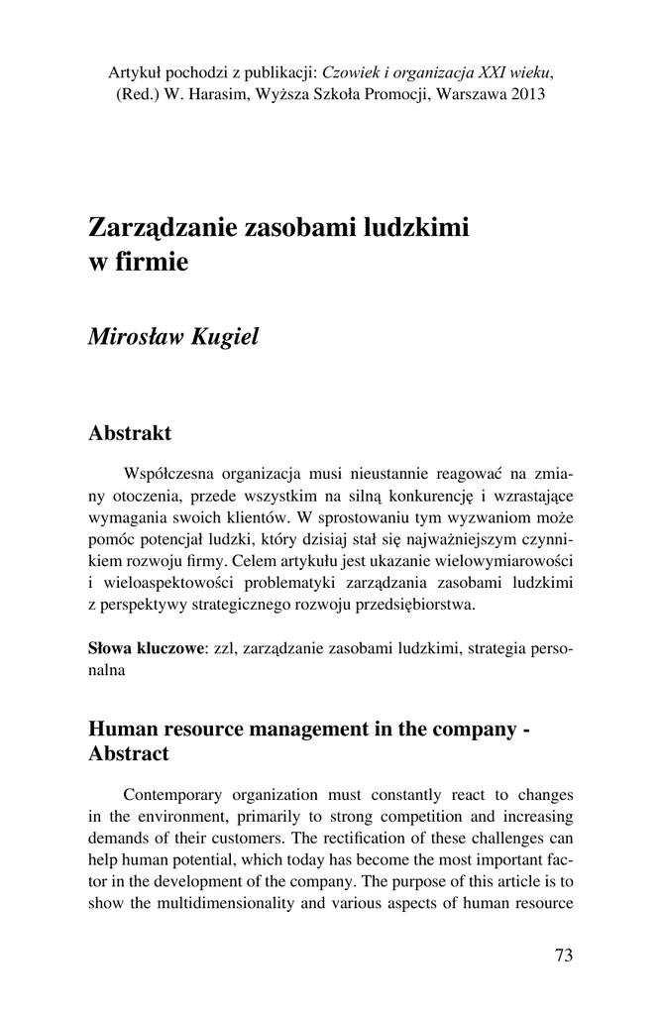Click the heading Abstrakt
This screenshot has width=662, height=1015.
tap(130, 433)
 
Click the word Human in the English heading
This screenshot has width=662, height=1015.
tap(123, 729)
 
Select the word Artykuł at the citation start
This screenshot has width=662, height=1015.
tap(136, 72)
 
